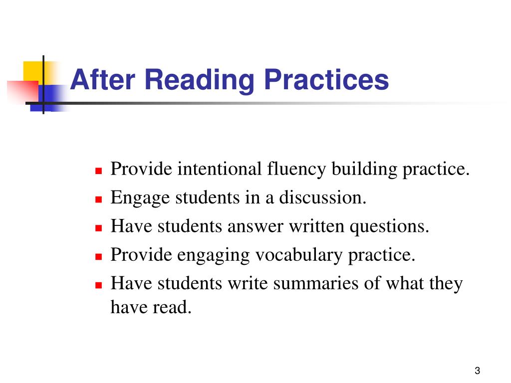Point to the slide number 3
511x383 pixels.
tap(478, 371)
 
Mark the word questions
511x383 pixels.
tap(389, 226)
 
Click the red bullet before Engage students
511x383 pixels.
tap(98, 199)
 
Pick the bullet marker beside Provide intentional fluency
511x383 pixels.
tap(98, 170)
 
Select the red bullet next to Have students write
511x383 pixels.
tap(98, 285)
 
